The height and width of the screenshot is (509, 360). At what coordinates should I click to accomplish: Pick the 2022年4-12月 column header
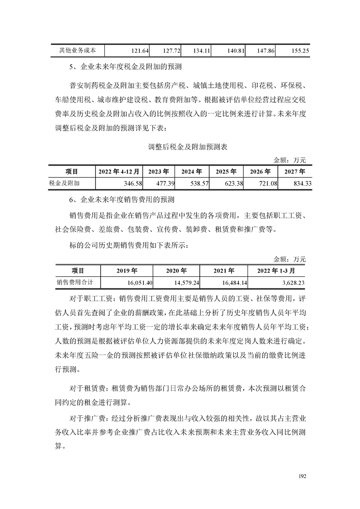[120, 172]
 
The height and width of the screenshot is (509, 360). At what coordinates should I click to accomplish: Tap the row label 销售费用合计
[75, 282]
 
